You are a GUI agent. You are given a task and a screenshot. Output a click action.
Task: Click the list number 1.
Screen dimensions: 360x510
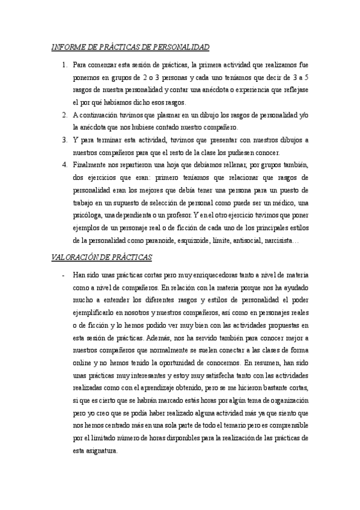point(64,63)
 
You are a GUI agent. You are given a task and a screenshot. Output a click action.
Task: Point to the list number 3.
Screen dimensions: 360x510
point(64,140)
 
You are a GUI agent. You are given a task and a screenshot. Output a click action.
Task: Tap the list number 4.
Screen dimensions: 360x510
point(64,165)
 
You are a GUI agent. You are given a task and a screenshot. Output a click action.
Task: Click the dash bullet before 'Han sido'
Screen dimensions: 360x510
point(64,275)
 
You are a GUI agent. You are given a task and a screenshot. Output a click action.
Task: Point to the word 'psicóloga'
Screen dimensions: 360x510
point(88,216)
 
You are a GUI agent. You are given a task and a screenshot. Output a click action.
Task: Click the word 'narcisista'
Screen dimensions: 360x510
point(276,241)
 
